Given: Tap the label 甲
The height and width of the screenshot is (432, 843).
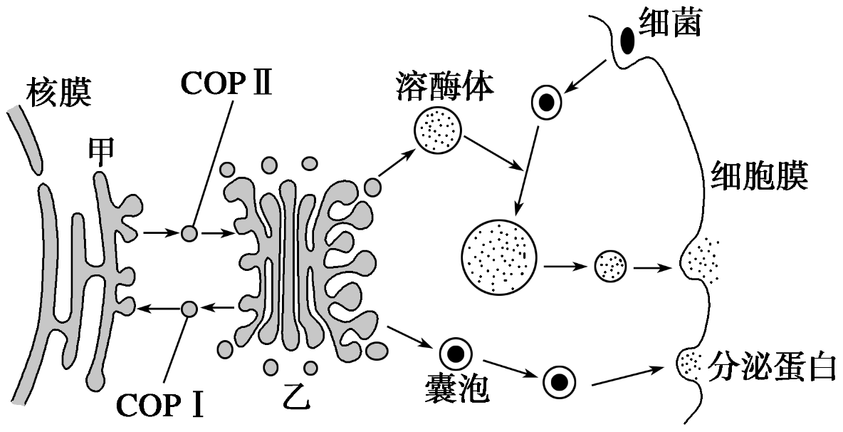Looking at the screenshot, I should tap(100, 152).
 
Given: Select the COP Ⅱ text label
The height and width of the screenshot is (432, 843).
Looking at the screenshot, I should tap(226, 83).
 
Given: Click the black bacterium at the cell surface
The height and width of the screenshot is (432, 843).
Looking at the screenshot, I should tap(628, 40).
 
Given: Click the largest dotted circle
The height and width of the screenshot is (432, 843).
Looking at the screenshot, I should tap(498, 255).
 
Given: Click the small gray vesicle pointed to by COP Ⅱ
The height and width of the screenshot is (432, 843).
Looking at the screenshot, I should tap(189, 232).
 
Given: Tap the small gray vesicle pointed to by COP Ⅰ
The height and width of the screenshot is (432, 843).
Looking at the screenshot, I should tap(189, 309).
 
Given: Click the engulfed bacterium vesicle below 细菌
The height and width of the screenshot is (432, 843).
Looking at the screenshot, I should tap(547, 103).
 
